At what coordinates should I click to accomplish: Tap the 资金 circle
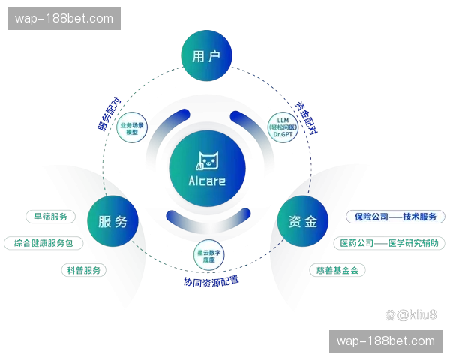tap(302, 222)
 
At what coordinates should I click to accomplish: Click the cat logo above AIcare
tap(207, 161)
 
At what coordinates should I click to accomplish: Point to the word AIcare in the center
tap(207, 181)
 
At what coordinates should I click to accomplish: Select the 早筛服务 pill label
tap(51, 217)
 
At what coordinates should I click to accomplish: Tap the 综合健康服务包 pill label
tap(43, 244)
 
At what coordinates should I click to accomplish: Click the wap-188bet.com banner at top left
tap(65, 19)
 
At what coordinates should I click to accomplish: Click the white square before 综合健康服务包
tap(9, 244)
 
